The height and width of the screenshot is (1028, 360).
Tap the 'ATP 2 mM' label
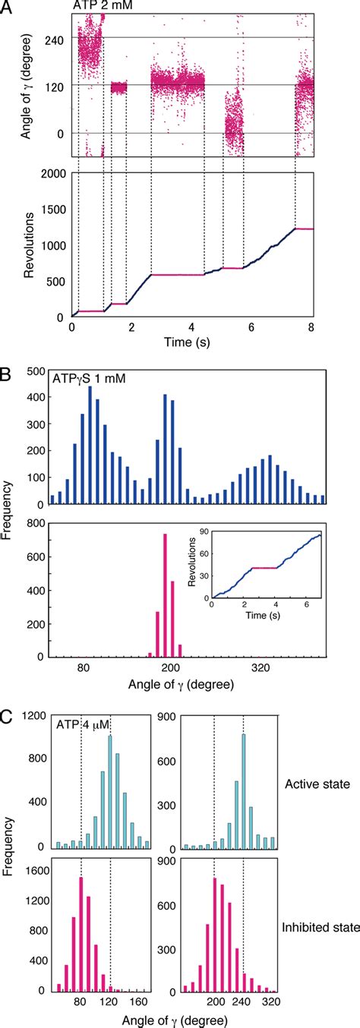[x=101, y=7]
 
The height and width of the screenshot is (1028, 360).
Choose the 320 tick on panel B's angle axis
[x=261, y=668]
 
